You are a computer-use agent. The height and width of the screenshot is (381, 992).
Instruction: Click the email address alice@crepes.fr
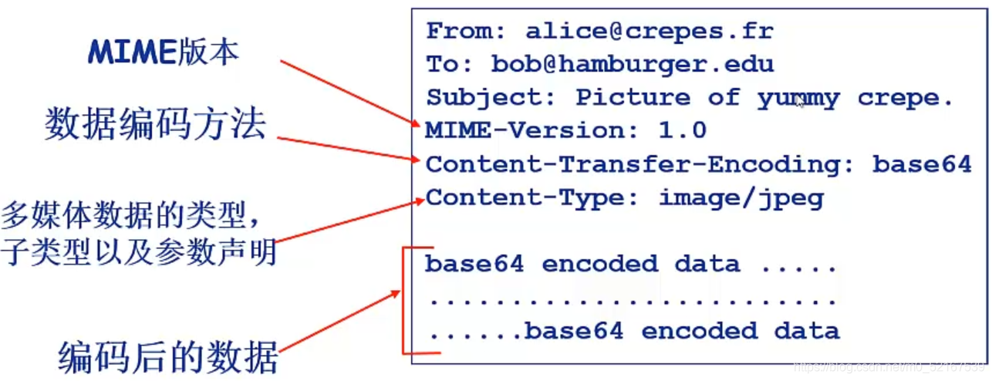[650, 32]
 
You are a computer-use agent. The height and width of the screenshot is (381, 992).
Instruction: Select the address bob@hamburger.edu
[633, 64]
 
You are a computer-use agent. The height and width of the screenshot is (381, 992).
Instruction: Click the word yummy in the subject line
[798, 98]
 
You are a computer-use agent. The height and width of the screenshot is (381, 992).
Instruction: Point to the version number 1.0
[682, 130]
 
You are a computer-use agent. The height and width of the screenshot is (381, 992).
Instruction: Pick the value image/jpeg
[741, 198]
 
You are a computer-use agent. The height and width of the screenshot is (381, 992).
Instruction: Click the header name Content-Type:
[532, 197]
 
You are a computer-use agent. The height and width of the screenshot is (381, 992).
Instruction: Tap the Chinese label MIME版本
[164, 52]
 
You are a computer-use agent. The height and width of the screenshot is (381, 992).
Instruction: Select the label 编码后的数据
[168, 356]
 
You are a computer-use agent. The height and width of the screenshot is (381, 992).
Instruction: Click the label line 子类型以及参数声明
[139, 252]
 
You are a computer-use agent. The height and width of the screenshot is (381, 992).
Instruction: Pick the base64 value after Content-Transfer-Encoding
[922, 164]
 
